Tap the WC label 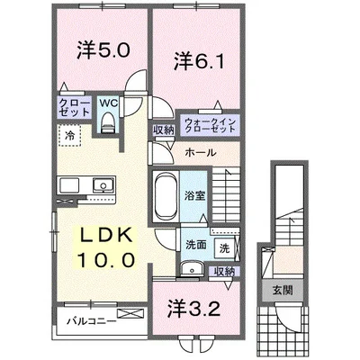109,104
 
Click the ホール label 199,152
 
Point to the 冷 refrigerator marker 68,135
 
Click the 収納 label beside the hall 163,130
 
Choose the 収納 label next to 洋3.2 224,271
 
